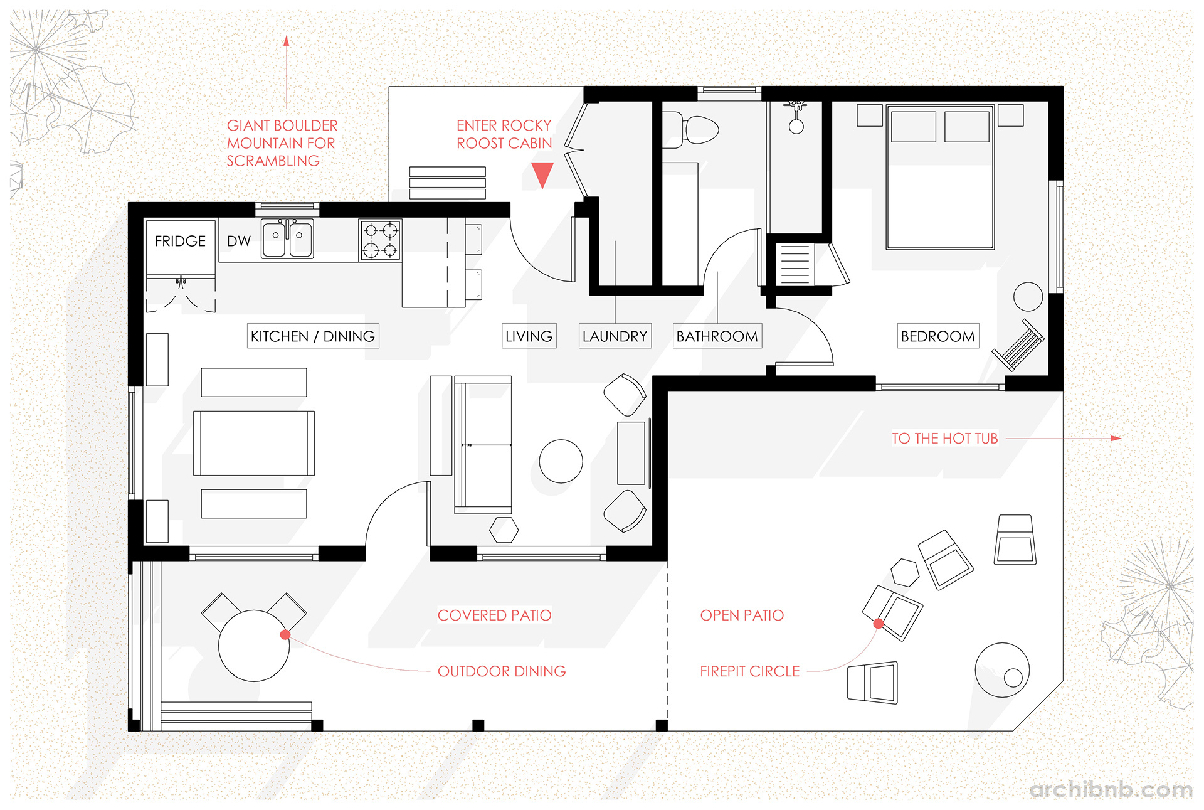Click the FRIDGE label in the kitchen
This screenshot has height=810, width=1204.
180,241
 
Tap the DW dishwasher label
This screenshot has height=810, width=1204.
238,241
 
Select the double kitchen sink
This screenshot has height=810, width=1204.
287,238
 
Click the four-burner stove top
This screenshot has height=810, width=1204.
380,240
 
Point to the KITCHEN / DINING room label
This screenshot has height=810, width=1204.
312,336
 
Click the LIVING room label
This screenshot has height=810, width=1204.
529,336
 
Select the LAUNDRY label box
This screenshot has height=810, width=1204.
615,336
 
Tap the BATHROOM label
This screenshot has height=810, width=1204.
717,336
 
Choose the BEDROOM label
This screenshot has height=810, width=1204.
937,336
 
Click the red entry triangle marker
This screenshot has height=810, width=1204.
542,174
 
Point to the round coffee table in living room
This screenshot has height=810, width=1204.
561,461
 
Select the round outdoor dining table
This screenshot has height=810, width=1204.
253,646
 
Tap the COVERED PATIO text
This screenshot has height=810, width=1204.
494,615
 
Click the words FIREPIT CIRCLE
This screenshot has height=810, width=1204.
749,671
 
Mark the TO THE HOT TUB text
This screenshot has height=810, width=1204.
944,439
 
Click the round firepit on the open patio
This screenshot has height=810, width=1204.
1001,669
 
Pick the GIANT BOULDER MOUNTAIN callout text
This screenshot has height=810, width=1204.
282,143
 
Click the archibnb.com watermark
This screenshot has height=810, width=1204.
1111,789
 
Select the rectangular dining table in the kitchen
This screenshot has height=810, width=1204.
253,443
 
